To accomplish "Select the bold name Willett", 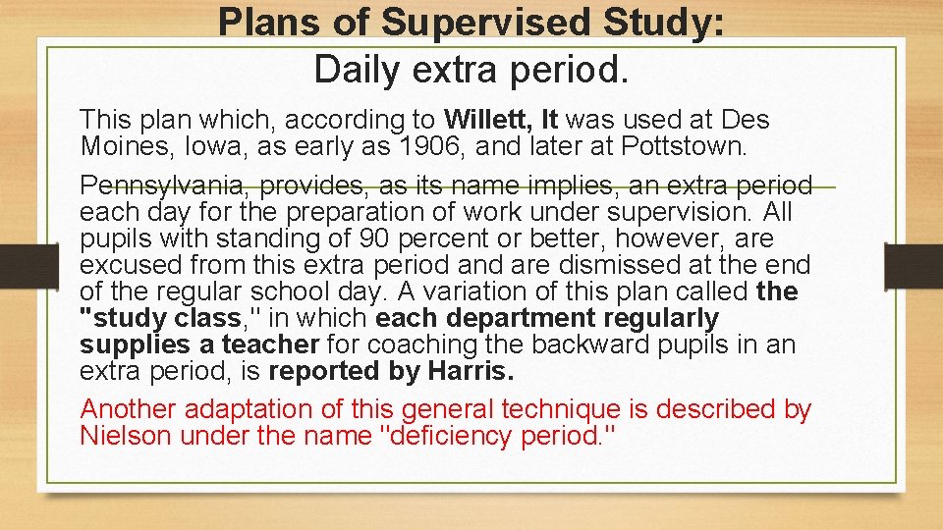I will point(487,120).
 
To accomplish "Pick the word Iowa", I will point(210,147).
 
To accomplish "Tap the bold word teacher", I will point(270,344).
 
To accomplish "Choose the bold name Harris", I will point(471,371).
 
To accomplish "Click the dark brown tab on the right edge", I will point(914,266).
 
